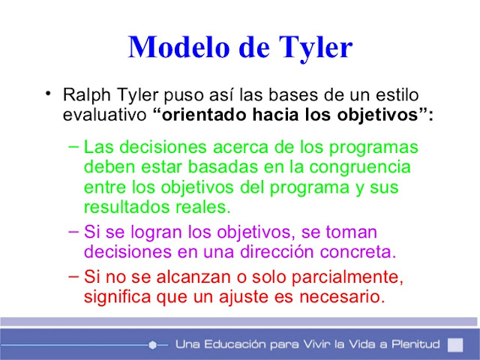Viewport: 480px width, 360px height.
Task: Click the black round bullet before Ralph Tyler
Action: coord(48,94)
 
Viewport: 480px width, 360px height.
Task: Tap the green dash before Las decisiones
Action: coord(72,145)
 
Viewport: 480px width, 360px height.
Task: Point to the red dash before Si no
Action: coord(72,275)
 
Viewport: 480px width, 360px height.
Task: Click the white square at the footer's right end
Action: coord(454,344)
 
